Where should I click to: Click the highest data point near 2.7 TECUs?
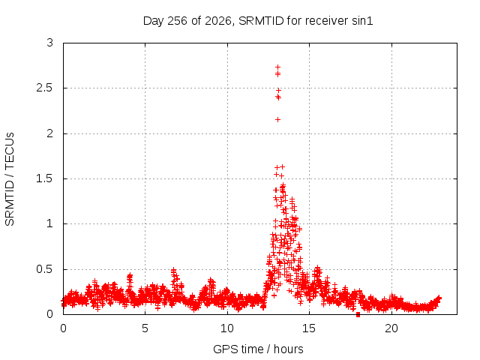[x=277, y=67]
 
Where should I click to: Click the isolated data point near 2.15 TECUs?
[x=277, y=120]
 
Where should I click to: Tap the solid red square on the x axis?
[x=358, y=315]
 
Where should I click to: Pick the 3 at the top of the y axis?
[x=50, y=43]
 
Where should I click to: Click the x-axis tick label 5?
[x=145, y=328]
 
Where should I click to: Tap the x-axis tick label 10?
[x=227, y=328]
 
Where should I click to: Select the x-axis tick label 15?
[x=309, y=328]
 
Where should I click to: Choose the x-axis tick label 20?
[x=391, y=328]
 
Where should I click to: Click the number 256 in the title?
[x=178, y=21]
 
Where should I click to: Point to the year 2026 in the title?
[x=218, y=21]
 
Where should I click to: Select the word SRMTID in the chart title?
[x=262, y=21]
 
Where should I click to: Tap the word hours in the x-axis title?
[x=288, y=349]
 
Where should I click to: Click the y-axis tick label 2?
[x=50, y=133]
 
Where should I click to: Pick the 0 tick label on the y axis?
[x=50, y=314]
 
